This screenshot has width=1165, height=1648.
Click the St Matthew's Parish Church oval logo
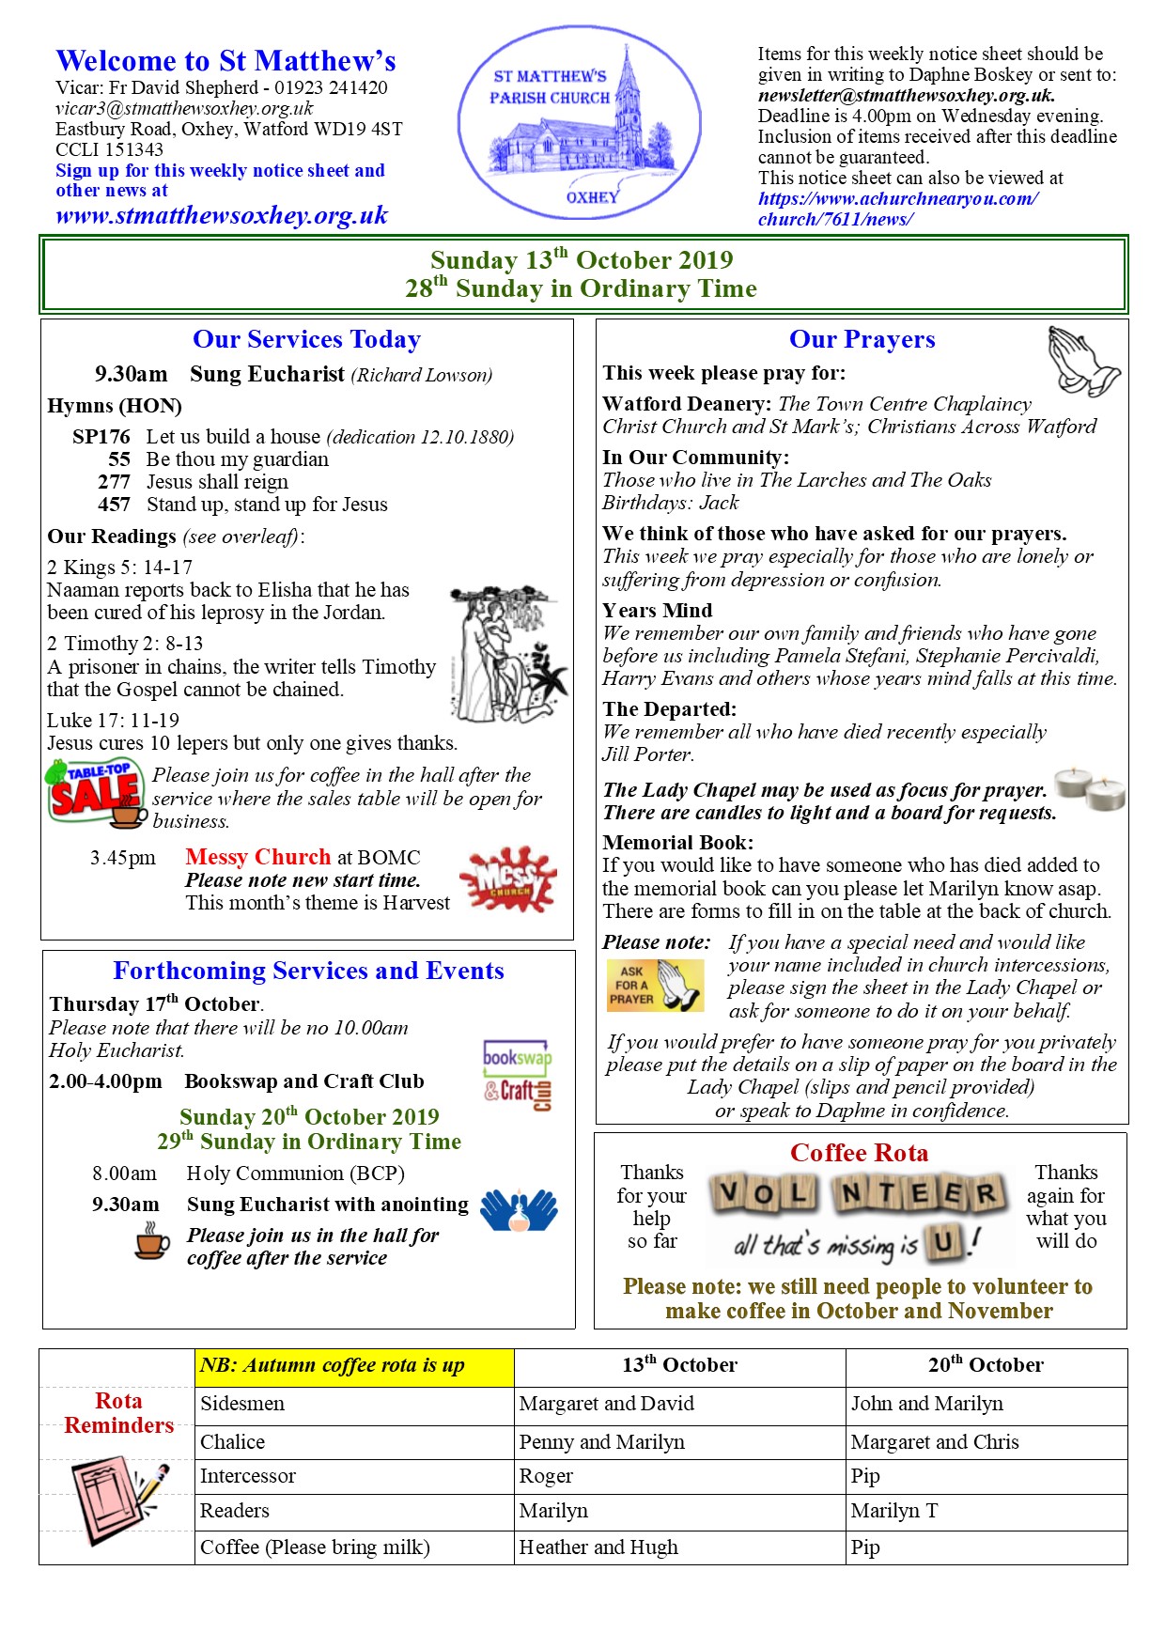[x=579, y=122]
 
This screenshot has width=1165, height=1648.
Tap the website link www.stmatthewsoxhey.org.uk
[x=222, y=216]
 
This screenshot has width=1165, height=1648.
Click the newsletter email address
[x=906, y=95]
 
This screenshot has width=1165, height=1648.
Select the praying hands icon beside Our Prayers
[x=1083, y=361]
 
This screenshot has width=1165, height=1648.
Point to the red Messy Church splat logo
[x=508, y=879]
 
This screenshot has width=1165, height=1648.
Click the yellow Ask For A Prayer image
[x=655, y=985]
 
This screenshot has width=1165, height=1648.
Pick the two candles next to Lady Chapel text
[x=1090, y=788]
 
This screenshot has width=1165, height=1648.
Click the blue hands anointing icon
[x=519, y=1211]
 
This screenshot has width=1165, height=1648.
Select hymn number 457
[x=114, y=505]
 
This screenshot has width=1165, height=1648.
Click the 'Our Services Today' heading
[x=306, y=339]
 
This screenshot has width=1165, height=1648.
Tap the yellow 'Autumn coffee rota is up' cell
[x=354, y=1366]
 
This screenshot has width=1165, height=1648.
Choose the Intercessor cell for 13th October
[x=678, y=1476]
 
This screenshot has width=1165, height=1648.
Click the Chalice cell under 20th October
[x=985, y=1441]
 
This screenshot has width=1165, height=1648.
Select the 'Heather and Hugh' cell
[x=678, y=1547]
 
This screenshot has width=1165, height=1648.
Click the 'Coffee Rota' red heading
[x=859, y=1153]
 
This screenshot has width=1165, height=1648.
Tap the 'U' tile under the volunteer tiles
[x=943, y=1244]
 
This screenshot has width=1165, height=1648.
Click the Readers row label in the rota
[x=235, y=1511]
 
